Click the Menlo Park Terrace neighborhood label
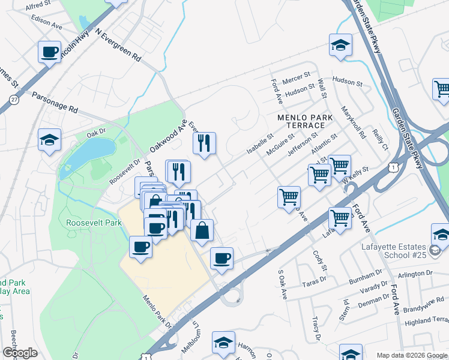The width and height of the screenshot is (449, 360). point(300,121)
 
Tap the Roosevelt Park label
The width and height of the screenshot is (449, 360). point(95,223)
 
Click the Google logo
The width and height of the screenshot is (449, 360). point(20,353)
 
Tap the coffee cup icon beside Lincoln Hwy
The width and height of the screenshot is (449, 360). point(49,51)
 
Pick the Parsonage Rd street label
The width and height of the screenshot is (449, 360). point(55,102)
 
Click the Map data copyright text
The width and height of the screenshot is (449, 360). point(411,355)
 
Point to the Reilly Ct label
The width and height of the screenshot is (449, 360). point(381,139)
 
